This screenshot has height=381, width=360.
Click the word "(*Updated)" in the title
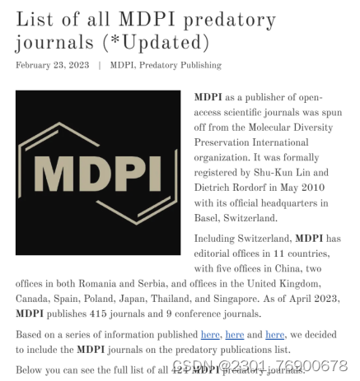(168, 42)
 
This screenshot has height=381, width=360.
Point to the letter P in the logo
(126, 173)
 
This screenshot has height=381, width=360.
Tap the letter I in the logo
(154, 173)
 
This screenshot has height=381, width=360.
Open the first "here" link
(210, 335)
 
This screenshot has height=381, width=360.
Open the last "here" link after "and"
(274, 335)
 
